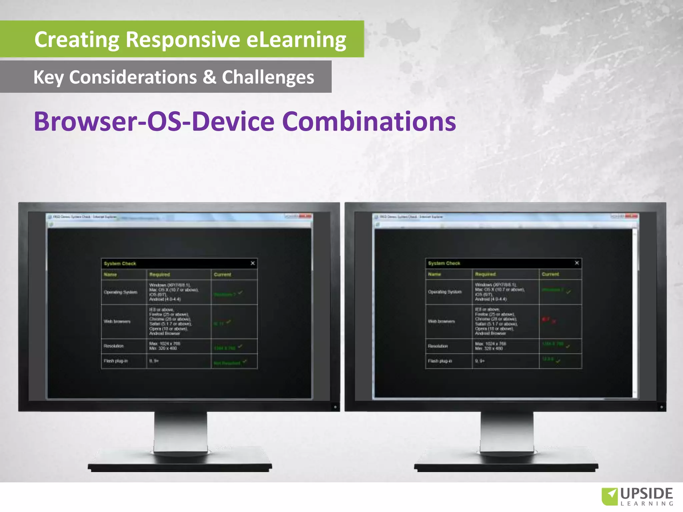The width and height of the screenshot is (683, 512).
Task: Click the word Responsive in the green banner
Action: [183, 40]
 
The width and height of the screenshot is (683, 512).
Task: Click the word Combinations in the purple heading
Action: [369, 121]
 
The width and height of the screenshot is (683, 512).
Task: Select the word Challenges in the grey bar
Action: [268, 77]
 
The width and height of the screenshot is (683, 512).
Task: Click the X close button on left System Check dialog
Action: [253, 263]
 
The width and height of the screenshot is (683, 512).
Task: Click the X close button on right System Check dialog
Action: [577, 263]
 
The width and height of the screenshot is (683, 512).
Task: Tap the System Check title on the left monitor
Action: [120, 264]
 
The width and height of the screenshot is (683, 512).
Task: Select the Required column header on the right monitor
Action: [485, 274]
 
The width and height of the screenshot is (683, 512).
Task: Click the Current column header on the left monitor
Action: [222, 275]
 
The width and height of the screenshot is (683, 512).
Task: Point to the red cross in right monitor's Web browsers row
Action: [554, 322]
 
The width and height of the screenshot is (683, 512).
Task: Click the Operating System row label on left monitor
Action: [120, 292]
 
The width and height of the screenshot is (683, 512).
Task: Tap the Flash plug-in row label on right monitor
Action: [440, 361]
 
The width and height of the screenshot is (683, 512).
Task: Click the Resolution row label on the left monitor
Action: [113, 346]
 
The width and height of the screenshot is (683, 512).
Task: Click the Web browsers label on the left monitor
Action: [117, 322]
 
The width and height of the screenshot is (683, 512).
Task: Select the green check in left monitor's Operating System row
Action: [240, 293]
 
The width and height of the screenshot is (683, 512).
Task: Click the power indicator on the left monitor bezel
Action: [335, 407]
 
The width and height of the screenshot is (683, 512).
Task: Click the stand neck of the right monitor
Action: [507, 432]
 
